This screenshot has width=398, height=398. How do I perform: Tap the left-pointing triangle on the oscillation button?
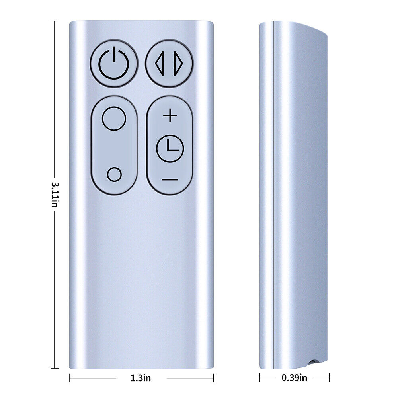160,63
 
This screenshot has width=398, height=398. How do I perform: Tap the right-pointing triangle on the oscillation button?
178,63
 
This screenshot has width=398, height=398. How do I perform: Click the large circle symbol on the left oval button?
114,119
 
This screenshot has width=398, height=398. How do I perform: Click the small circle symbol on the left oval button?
114,174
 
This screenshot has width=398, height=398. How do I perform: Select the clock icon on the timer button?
170,148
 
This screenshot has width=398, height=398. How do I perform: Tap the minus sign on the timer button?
170,180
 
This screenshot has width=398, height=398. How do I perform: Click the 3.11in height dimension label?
55,195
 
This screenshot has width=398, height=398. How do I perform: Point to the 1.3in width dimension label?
140,378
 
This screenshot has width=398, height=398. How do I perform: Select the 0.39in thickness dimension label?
294,378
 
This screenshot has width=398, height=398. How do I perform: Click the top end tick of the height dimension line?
55,21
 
